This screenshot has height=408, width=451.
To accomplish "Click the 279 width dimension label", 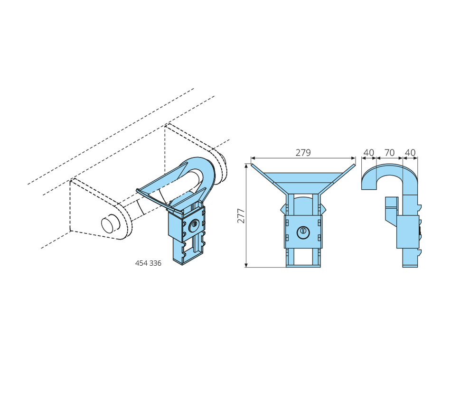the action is [x=303, y=153].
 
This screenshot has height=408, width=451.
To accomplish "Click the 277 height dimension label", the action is [x=241, y=216].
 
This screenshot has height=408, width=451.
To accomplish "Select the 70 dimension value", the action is [x=389, y=153].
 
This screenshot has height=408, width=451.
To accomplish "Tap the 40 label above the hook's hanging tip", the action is [x=369, y=153].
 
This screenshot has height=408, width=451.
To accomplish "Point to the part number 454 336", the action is [x=148, y=263].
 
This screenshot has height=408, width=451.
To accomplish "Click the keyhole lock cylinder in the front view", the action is [x=303, y=232].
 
